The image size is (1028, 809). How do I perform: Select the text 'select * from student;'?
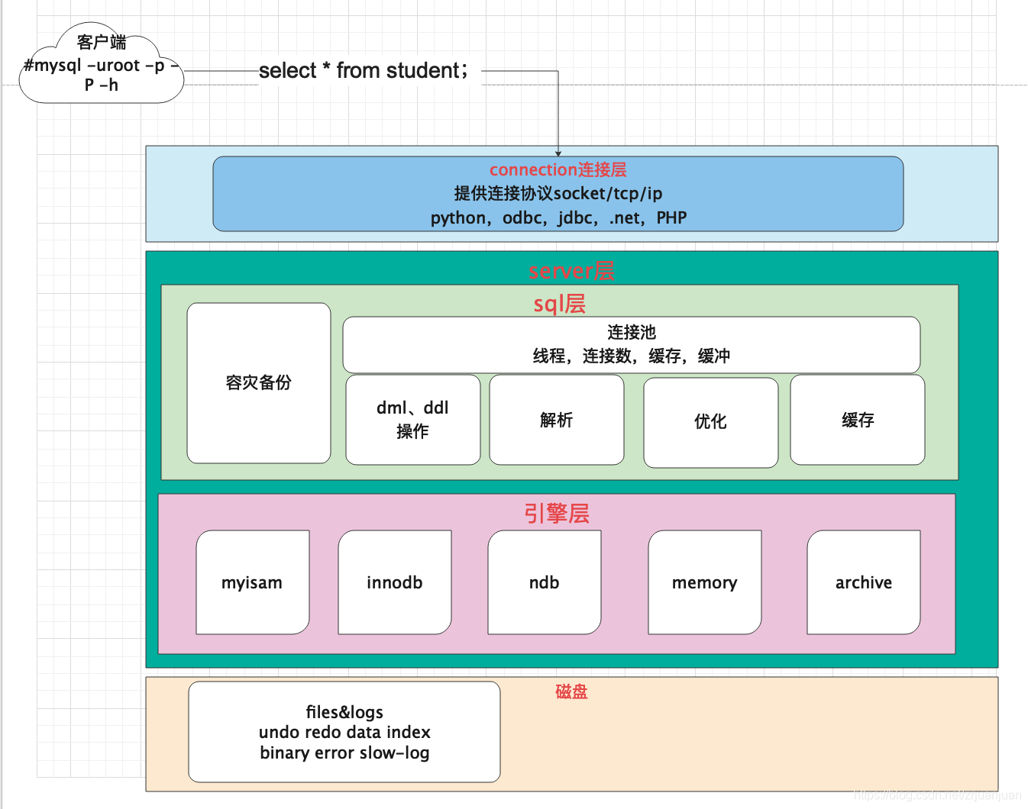pyautogui.click(x=364, y=71)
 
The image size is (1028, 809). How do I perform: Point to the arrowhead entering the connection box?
pyautogui.click(x=558, y=153)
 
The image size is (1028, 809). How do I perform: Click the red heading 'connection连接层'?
pyautogui.click(x=558, y=169)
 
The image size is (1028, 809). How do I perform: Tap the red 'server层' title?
pyautogui.click(x=571, y=271)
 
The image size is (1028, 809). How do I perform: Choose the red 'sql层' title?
pyautogui.click(x=559, y=304)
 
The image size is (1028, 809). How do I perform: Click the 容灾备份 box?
pyautogui.click(x=259, y=383)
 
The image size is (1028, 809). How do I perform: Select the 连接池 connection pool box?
pyautogui.click(x=631, y=344)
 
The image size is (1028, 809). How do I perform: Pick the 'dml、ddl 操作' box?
pyautogui.click(x=412, y=420)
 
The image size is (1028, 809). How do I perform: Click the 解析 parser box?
pyautogui.click(x=556, y=420)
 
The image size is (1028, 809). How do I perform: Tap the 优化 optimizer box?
pyautogui.click(x=710, y=421)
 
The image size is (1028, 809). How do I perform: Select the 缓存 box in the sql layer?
pyautogui.click(x=857, y=420)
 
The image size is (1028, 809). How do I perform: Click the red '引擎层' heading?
pyautogui.click(x=556, y=513)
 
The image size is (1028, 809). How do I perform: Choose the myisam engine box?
pyautogui.click(x=252, y=582)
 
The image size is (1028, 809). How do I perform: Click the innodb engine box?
pyautogui.click(x=394, y=582)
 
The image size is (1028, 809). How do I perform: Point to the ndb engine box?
pyautogui.click(x=544, y=582)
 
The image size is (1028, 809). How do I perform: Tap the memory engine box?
pyautogui.click(x=704, y=582)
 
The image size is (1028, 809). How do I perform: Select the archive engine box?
pyautogui.click(x=863, y=582)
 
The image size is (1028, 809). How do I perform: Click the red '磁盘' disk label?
pyautogui.click(x=571, y=691)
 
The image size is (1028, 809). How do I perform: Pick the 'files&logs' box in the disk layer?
pyautogui.click(x=344, y=732)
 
